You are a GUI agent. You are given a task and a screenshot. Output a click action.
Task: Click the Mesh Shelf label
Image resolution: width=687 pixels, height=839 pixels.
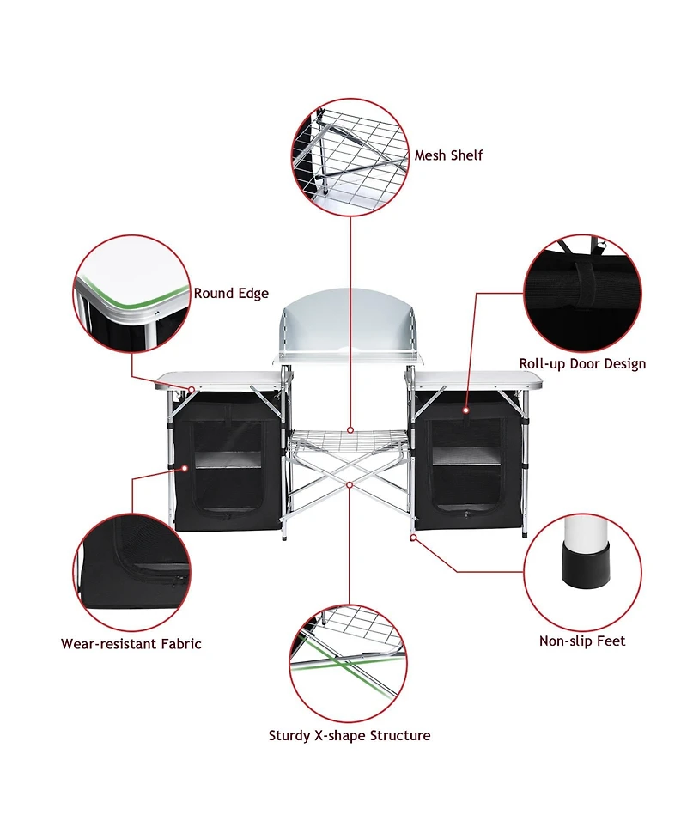[448, 155]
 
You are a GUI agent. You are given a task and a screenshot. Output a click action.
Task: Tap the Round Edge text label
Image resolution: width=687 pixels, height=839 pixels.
[231, 293]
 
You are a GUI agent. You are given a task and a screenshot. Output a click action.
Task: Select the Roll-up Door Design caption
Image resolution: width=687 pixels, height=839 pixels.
[582, 363]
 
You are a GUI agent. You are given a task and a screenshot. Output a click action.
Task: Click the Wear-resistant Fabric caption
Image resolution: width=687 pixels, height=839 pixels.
[131, 643]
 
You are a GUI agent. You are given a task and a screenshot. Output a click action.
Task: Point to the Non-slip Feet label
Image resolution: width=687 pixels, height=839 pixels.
[582, 641]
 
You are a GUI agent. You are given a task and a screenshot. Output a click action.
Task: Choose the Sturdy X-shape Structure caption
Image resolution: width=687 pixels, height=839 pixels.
[350, 735]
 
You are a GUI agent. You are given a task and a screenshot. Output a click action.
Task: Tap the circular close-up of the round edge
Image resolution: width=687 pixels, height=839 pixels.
[131, 294]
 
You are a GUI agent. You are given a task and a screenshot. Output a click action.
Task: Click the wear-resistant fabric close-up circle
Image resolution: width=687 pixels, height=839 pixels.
[131, 570]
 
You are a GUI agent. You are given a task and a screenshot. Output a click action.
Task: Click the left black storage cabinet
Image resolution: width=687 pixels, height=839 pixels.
[228, 464]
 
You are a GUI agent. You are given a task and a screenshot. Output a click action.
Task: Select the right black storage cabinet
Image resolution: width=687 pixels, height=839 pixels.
[468, 464]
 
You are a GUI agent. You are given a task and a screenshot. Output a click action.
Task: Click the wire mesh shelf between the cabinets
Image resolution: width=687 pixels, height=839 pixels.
[350, 440]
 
